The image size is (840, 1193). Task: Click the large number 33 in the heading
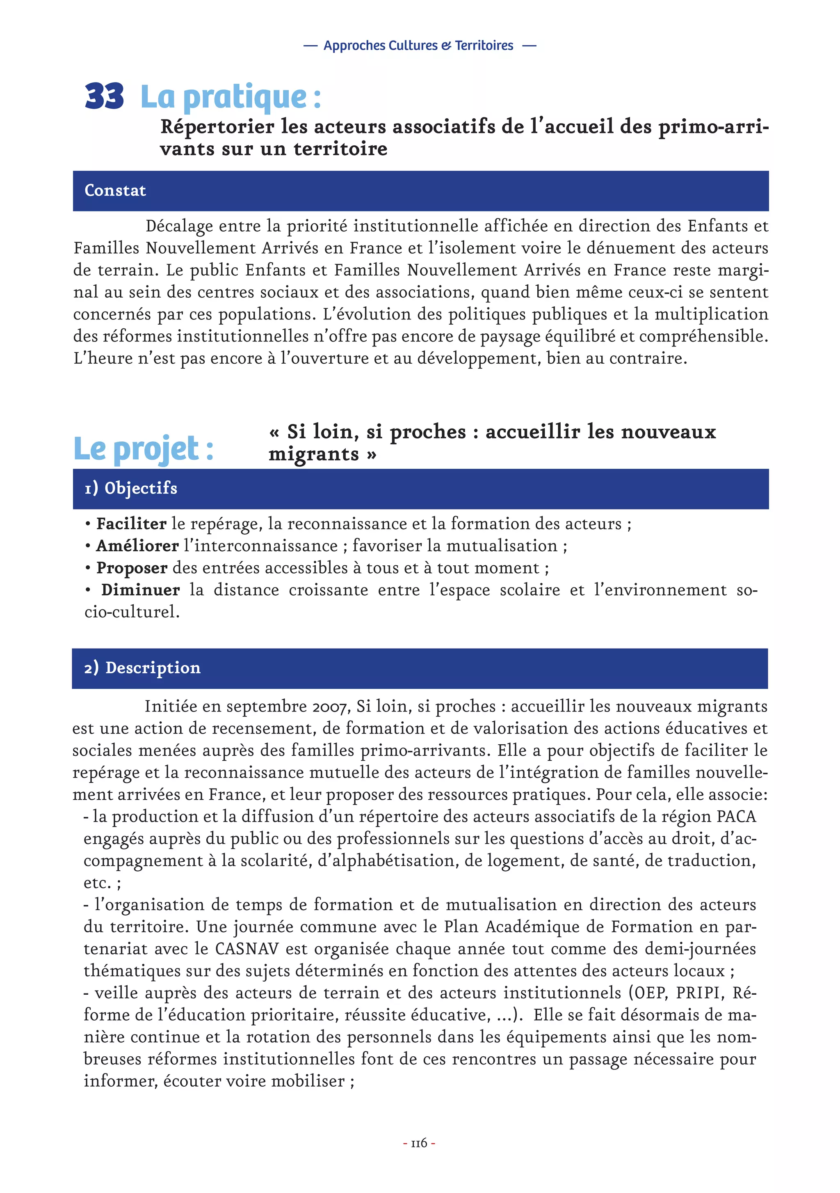[x=104, y=96]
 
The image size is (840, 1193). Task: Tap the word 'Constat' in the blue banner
[x=115, y=191]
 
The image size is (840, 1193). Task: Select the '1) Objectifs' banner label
[x=131, y=489]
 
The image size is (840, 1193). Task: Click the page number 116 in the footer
[x=419, y=1143]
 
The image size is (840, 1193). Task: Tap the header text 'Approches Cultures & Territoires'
[x=418, y=46]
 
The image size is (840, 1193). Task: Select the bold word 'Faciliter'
[x=131, y=524]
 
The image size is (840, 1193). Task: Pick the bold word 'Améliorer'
[x=137, y=546]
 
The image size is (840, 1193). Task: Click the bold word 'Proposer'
[x=132, y=568]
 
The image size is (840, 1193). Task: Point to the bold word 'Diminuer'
[x=141, y=590]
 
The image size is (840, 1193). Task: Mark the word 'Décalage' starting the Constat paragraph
[x=179, y=227]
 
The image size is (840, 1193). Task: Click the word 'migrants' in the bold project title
[x=314, y=454]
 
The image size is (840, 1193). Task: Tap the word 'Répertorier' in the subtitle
[x=217, y=127]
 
